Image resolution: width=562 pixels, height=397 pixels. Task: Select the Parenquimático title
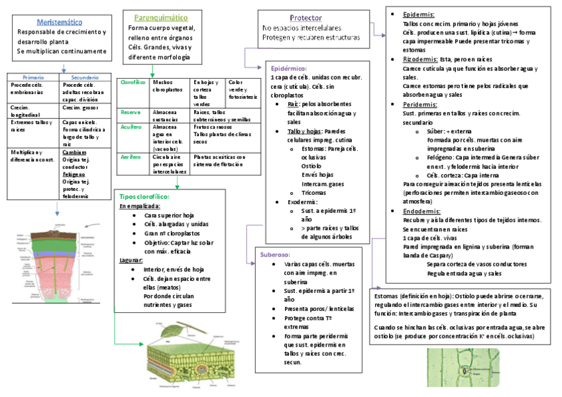click(x=160, y=17)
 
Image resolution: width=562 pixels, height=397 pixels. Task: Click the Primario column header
click(x=33, y=78)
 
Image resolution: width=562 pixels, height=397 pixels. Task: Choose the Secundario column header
click(x=85, y=78)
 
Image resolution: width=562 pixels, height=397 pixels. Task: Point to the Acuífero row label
click(x=131, y=127)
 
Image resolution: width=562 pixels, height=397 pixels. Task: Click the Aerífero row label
click(x=131, y=157)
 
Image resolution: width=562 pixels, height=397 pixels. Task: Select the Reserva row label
click(x=131, y=112)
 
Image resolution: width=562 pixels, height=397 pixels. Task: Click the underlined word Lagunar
click(x=132, y=261)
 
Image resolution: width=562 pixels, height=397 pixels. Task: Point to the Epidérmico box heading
click(x=290, y=68)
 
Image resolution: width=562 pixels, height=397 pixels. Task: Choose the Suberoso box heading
click(x=274, y=254)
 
